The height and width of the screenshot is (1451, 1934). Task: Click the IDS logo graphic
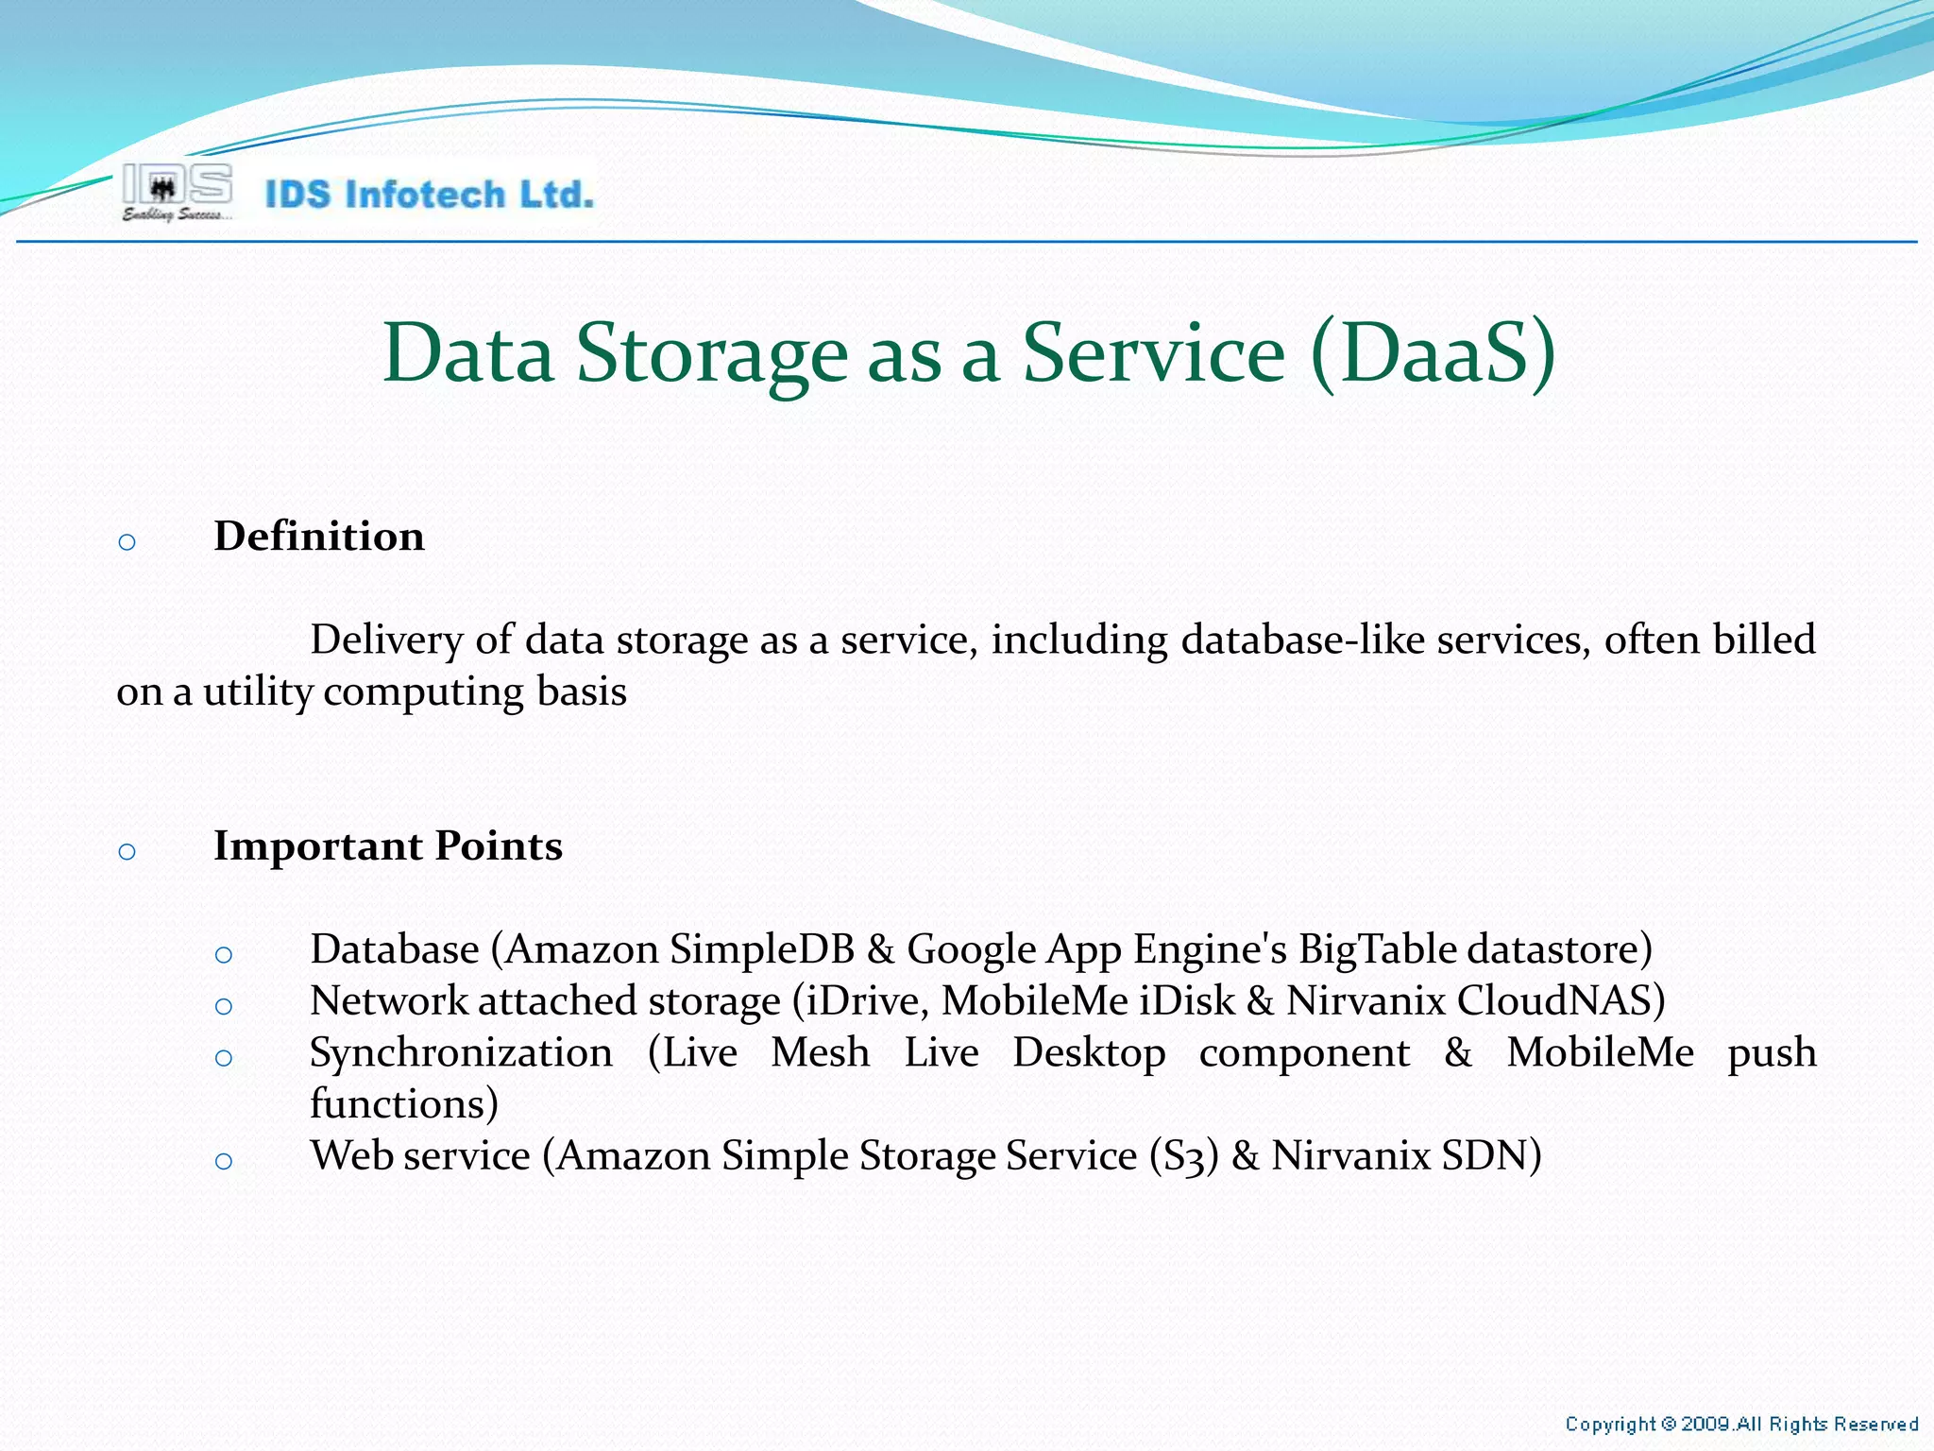177,192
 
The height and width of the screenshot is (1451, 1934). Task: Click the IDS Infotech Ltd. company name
430,195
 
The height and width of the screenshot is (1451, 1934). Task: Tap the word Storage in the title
712,353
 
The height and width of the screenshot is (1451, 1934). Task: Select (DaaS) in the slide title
1433,353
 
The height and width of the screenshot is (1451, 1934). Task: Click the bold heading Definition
319,537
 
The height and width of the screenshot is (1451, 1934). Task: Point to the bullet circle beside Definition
127,542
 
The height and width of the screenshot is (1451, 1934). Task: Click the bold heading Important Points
388,845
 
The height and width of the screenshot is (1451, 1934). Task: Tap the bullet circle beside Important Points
127,852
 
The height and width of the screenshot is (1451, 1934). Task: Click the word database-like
1302,640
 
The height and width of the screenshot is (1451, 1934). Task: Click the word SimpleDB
762,949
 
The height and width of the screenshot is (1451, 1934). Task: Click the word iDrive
865,1001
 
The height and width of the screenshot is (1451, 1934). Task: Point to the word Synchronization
461,1052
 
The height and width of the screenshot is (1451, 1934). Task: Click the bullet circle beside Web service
224,1161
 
